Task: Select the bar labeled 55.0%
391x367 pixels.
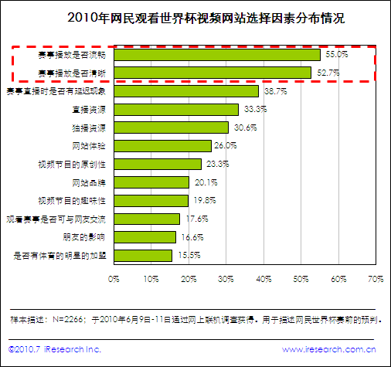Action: pos(217,56)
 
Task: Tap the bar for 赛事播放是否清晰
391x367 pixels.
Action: pos(212,73)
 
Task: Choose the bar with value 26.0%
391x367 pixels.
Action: pos(162,145)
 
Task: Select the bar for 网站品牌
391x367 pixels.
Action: pos(151,182)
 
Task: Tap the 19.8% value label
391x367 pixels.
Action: pos(205,200)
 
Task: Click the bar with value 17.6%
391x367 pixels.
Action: pos(147,219)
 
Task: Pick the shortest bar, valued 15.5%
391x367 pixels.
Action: pos(143,255)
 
